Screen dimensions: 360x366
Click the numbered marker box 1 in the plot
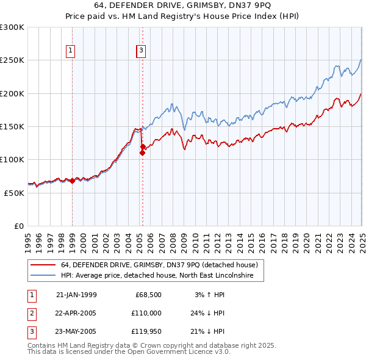(71, 51)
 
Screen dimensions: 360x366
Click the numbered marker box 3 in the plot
(141, 51)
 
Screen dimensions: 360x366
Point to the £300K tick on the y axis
(12, 27)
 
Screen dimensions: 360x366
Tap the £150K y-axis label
(12, 127)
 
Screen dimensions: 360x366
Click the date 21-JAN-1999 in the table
(76, 295)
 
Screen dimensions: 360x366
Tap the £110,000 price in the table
(146, 313)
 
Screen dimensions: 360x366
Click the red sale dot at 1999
(72, 181)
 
